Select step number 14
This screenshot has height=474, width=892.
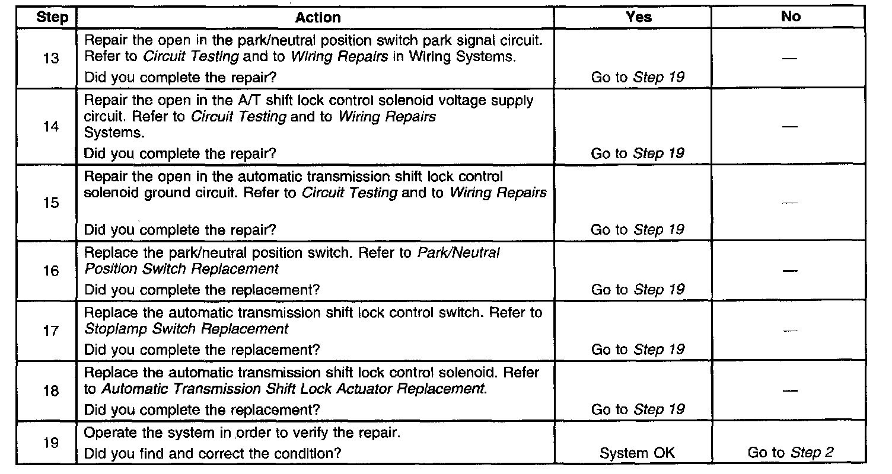51,127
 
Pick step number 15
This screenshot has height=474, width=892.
51,203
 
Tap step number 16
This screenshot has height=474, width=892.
51,271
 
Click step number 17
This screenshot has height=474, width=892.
51,331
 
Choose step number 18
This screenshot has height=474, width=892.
51,391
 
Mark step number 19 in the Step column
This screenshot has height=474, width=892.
51,442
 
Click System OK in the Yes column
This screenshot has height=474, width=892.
638,453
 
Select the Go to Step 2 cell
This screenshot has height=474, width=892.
791,453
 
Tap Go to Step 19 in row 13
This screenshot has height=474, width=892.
638,77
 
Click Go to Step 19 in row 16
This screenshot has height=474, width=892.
638,290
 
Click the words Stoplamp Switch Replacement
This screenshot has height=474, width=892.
187,328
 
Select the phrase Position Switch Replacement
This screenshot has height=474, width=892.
181,268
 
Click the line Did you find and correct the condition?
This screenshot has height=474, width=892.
214,453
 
